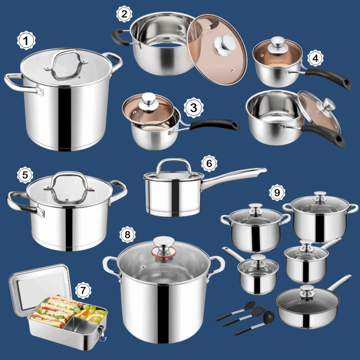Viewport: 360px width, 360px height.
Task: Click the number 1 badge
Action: click(26, 41)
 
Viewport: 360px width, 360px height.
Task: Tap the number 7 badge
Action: click(83, 290)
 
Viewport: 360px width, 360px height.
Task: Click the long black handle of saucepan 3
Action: click(214, 124)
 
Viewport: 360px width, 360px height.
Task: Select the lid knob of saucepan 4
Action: click(277, 42)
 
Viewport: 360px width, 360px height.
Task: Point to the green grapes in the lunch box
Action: click(91, 310)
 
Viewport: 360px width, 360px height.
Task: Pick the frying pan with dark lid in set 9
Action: click(308, 306)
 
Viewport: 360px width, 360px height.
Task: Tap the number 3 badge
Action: click(193, 108)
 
